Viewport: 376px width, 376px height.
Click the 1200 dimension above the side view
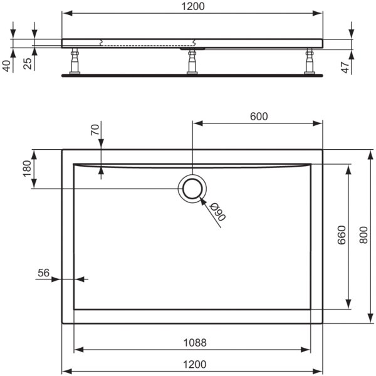[x=193, y=6]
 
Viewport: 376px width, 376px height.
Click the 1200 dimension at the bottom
[x=194, y=365]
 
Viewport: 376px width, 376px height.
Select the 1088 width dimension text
[x=195, y=343]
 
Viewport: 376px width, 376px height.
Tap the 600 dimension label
[x=259, y=117]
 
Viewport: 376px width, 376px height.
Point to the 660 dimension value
[x=342, y=235]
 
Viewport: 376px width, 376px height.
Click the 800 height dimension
[x=363, y=235]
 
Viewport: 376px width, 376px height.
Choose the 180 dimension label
[x=27, y=169]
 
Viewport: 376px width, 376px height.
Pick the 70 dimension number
[x=95, y=130]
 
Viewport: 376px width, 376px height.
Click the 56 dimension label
[x=43, y=273]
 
